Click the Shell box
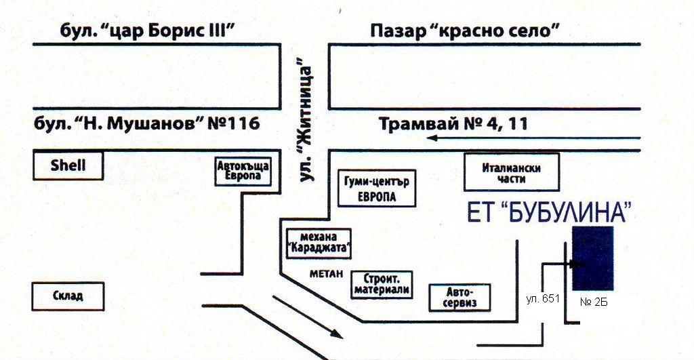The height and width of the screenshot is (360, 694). pyautogui.click(x=68, y=165)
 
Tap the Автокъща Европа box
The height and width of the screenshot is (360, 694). pyautogui.click(x=243, y=172)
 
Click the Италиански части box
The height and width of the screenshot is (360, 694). pyautogui.click(x=512, y=172)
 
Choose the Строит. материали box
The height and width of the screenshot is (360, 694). pyautogui.click(x=382, y=285)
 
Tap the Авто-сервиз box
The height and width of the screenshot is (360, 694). pyautogui.click(x=460, y=297)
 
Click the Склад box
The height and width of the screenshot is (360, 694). pyautogui.click(x=68, y=296)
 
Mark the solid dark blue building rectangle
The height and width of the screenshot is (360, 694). pyautogui.click(x=593, y=258)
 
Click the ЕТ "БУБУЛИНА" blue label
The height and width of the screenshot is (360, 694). pyautogui.click(x=550, y=212)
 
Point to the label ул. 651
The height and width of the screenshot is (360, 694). pyautogui.click(x=543, y=298)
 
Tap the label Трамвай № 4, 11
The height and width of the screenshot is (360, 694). pyautogui.click(x=453, y=125)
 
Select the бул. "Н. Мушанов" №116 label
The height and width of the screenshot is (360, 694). pyautogui.click(x=147, y=125)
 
